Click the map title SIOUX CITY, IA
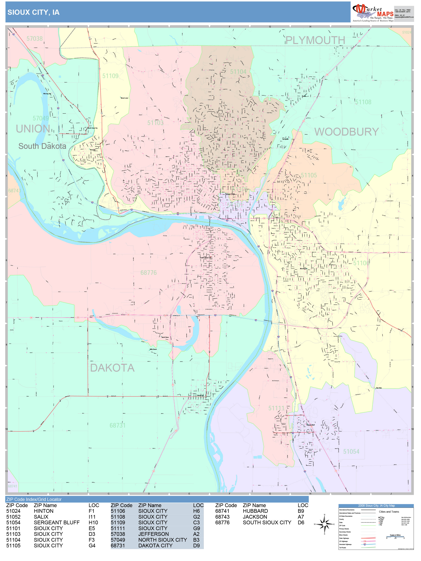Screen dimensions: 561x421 [x=33, y=12]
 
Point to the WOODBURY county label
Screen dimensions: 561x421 [x=346, y=132]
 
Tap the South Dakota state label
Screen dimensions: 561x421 [x=42, y=146]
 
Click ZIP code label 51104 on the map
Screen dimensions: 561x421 [x=238, y=72]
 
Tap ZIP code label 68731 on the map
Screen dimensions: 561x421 [x=117, y=425]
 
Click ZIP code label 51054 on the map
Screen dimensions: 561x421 [x=351, y=451]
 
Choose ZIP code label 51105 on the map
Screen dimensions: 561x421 [x=309, y=175]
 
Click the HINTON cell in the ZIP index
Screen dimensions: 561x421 [x=44, y=511]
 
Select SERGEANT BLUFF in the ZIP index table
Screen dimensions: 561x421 [x=57, y=523]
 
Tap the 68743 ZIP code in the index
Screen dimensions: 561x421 [x=222, y=517]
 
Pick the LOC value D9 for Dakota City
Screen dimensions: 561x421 [x=196, y=546]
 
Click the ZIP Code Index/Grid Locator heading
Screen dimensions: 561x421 [x=34, y=499]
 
